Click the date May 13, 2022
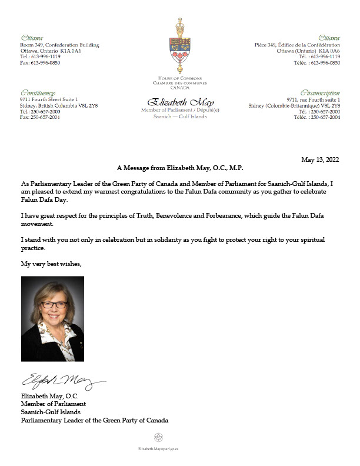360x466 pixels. [321, 159]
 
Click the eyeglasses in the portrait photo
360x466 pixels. [54, 304]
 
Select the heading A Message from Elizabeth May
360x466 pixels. [180, 168]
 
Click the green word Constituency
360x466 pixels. [37, 93]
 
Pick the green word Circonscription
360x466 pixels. [320, 93]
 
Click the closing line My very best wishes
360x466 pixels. [51, 264]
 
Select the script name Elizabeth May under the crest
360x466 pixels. [179, 102]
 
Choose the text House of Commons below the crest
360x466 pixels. [180, 78]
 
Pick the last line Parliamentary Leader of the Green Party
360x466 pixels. [95, 420]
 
